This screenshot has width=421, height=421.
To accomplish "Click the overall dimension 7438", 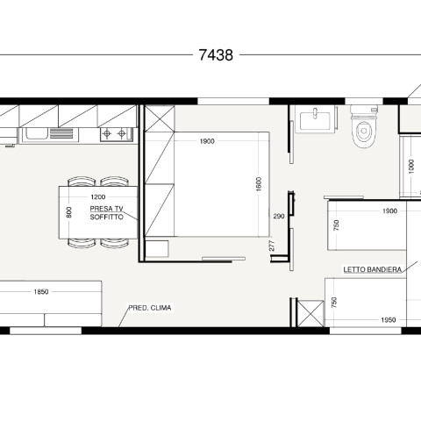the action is (x=216, y=54).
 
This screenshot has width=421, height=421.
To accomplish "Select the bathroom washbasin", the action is (x=315, y=119).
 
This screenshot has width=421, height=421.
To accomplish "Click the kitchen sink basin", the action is (x=37, y=133).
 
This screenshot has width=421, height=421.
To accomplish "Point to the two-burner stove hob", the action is (x=116, y=134).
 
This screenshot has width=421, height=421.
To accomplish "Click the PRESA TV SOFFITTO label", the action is (x=106, y=212).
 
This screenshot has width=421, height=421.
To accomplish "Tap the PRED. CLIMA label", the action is (x=150, y=308).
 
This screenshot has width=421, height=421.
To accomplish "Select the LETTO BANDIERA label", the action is (x=372, y=269).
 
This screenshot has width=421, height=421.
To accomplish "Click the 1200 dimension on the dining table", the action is (x=98, y=196).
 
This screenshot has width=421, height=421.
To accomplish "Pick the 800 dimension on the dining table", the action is (x=69, y=212).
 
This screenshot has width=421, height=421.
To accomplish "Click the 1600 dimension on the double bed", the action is (x=259, y=184).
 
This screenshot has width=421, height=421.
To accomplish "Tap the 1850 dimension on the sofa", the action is (x=41, y=291).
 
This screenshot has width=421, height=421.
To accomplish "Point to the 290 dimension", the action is (x=279, y=217).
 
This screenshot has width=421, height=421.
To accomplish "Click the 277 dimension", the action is (x=272, y=246).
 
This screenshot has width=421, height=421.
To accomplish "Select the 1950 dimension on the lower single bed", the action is (x=389, y=320).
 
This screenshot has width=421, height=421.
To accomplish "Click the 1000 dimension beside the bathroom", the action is (x=411, y=167).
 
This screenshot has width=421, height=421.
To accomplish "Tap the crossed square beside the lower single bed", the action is (x=310, y=313).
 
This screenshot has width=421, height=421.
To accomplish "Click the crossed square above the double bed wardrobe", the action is (x=160, y=118).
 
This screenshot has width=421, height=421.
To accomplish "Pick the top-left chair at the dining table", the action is (x=82, y=182).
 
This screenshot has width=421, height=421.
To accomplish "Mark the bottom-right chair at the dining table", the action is (x=114, y=243).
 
